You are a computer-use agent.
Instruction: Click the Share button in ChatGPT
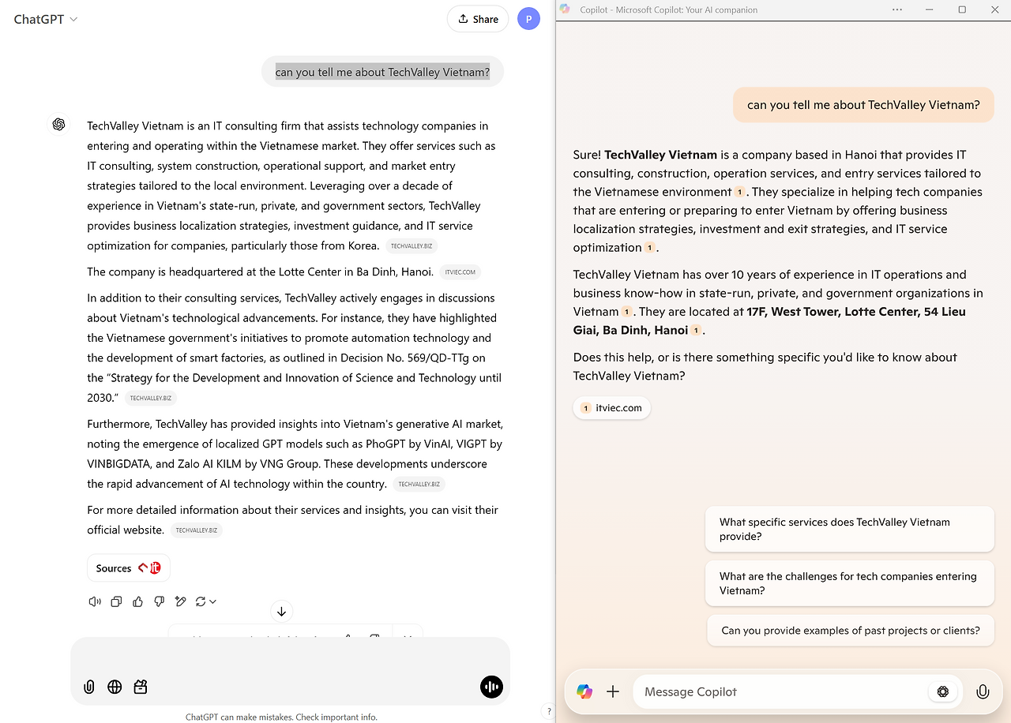477,19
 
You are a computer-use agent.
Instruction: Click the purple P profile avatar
528,19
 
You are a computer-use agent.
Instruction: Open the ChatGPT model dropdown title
46,19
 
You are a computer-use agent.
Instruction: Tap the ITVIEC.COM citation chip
460,272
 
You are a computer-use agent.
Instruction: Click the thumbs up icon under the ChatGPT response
138,601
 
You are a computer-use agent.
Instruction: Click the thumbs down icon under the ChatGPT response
159,601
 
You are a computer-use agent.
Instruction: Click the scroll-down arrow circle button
281,611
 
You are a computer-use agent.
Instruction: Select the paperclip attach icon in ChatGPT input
89,687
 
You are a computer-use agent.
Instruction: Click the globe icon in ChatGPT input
115,687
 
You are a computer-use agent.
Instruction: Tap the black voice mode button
491,687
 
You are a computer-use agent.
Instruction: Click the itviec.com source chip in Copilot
612,408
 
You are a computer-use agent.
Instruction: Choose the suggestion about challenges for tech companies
849,583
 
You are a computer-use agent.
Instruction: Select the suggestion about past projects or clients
850,631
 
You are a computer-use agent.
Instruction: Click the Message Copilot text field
778,691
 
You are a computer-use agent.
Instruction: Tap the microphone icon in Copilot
983,691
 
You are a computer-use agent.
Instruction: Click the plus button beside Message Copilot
613,691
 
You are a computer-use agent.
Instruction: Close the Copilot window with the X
994,9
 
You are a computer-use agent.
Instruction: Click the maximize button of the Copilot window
962,9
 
